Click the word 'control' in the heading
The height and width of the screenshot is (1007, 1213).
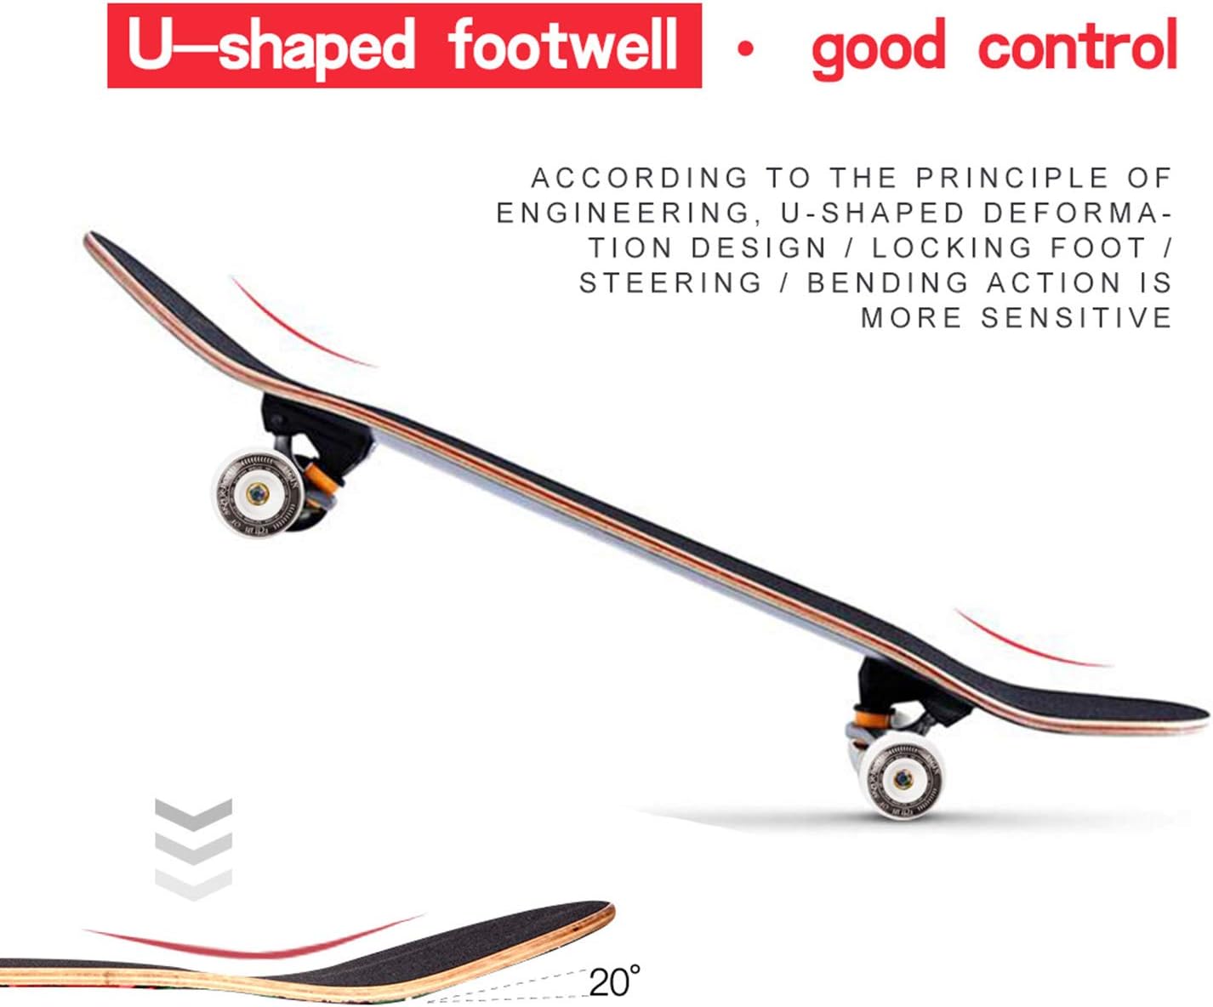[1077, 46]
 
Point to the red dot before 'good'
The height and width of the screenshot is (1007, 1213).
[746, 50]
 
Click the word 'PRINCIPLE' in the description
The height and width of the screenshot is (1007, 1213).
[1012, 178]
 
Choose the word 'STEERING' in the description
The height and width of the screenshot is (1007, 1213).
[670, 282]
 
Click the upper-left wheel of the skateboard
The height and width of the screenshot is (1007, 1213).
[255, 493]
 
